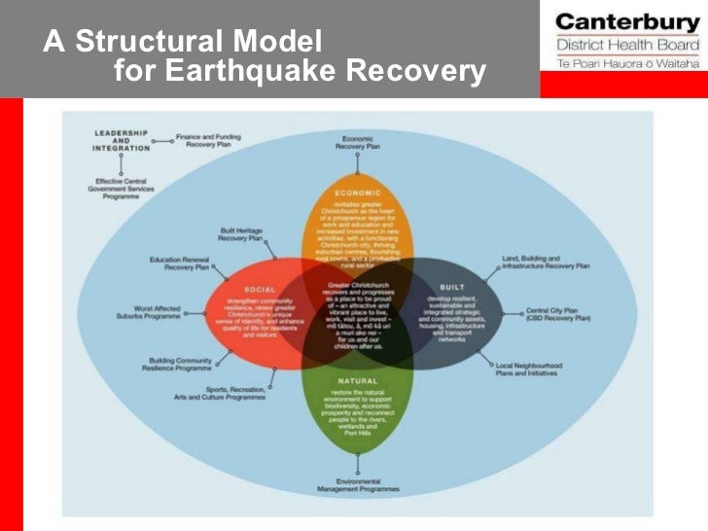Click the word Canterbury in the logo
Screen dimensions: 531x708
coord(626,22)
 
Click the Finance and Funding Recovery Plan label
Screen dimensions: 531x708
coord(208,140)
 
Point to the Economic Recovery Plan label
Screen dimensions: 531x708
coord(358,143)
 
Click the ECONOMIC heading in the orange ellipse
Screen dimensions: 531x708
coord(357,193)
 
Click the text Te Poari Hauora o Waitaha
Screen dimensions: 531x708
coord(626,63)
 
